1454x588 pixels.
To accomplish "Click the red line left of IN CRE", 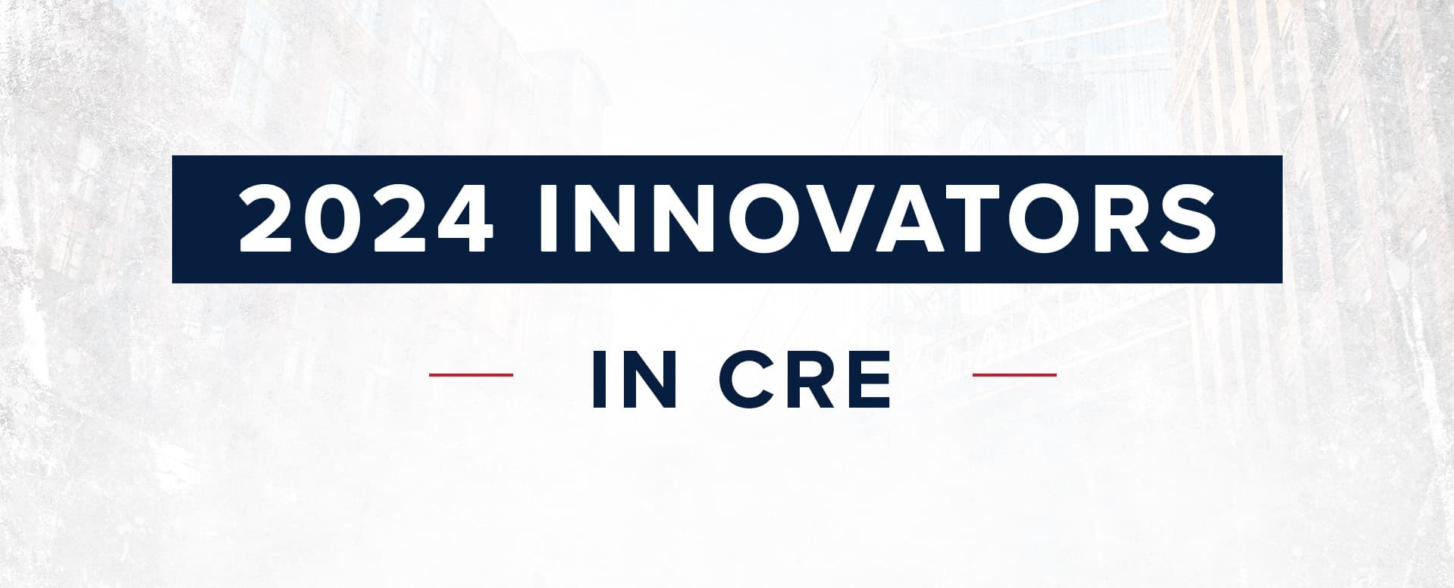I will tap(471, 374).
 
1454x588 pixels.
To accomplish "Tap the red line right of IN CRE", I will tap(1014, 374).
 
